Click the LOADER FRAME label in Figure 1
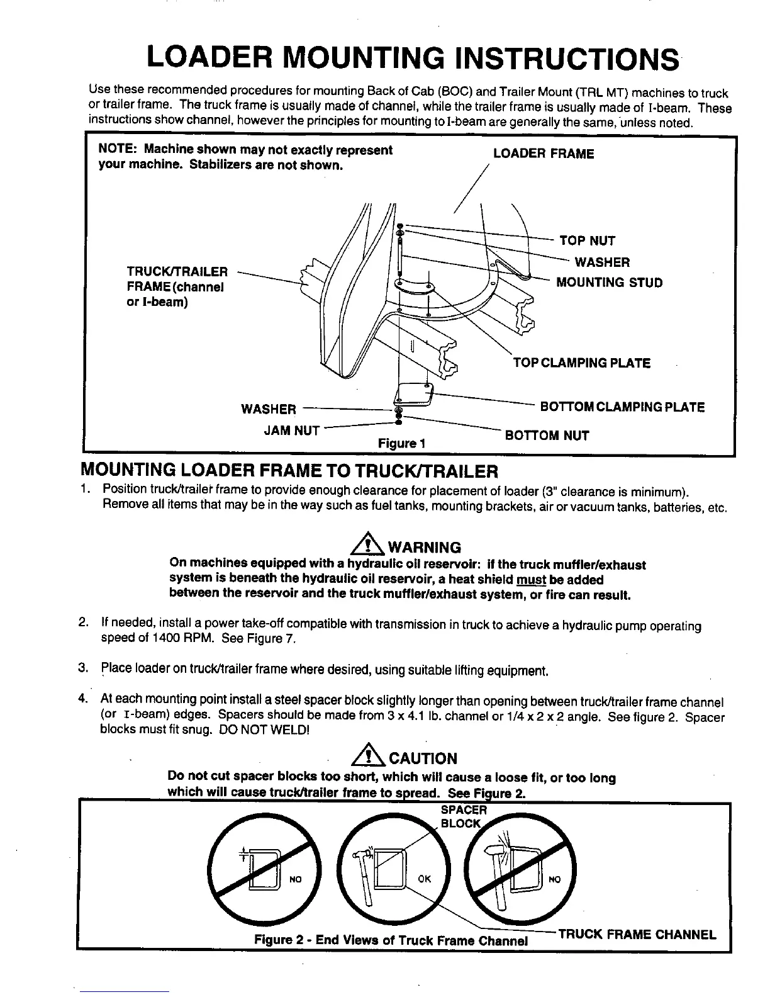click(x=543, y=154)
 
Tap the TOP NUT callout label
click(x=587, y=240)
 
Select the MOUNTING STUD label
click(x=609, y=283)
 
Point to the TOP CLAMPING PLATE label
click(x=582, y=363)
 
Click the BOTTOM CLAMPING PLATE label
click(x=622, y=407)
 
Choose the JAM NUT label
click(x=291, y=431)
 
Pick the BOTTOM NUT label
click(x=547, y=436)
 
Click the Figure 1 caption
click(x=402, y=444)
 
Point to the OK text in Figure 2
click(x=425, y=879)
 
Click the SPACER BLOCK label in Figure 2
click(x=463, y=816)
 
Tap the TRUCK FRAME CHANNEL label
click(x=637, y=935)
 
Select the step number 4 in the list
click(x=82, y=699)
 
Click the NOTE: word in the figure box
click(x=118, y=150)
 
